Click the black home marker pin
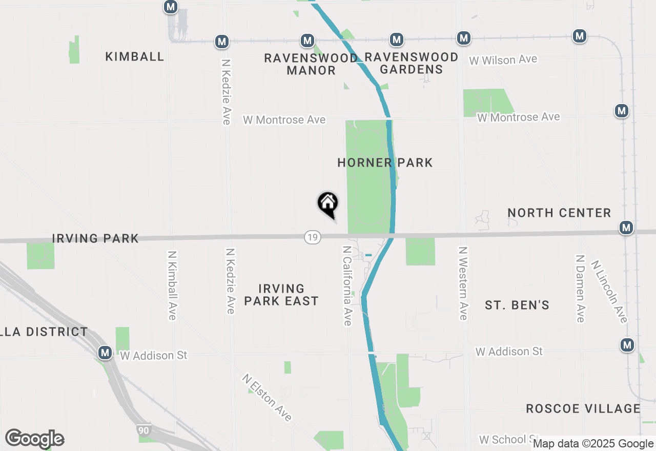(328, 204)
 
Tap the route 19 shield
(312, 237)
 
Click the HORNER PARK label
(385, 163)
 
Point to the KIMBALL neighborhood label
(135, 56)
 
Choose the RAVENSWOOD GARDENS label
(411, 63)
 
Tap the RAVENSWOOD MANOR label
(311, 64)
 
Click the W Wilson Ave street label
(503, 60)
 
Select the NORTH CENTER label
(559, 213)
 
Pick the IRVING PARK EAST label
(281, 295)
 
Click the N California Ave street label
(347, 285)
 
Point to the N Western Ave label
(463, 283)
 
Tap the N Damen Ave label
(580, 289)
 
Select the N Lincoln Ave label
(609, 292)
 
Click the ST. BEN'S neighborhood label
(517, 305)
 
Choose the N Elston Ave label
(267, 398)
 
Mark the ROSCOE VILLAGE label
(583, 408)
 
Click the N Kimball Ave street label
(172, 285)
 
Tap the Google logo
(34, 439)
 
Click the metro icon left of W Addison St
(106, 353)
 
